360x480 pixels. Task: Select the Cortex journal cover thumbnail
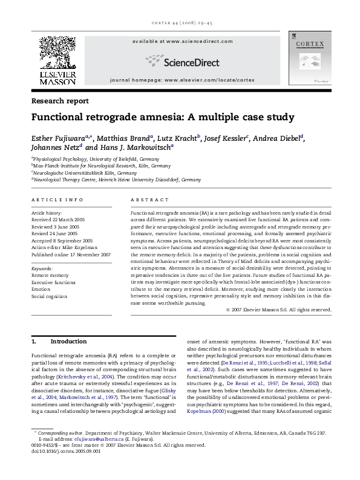pyautogui.click(x=309, y=57)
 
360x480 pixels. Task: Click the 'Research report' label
pyautogui.click(x=60, y=101)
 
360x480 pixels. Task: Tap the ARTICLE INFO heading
pyautogui.click(x=57, y=199)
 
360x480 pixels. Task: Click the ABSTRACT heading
pyautogui.click(x=149, y=199)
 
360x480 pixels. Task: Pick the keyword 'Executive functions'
pyautogui.click(x=54, y=282)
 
